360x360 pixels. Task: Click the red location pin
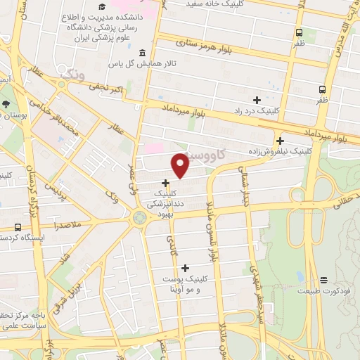[181, 165]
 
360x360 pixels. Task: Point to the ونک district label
[76, 73]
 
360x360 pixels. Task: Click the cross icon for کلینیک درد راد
[257, 100]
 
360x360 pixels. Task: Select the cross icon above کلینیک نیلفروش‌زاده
[280, 141]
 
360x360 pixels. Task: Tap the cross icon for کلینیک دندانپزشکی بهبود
[165, 183]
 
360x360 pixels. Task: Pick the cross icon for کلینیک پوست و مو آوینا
[185, 268]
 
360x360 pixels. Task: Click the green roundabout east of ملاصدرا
[139, 217]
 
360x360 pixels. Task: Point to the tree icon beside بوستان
[6, 104]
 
